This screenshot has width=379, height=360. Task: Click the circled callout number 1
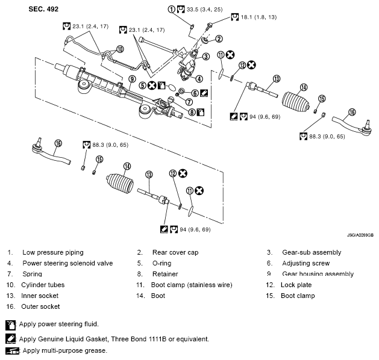pos(172,10)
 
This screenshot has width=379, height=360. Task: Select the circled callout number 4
pos(198,78)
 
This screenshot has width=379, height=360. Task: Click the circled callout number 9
pos(131,79)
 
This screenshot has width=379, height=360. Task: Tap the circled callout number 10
pos(121,49)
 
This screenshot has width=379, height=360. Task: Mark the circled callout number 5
pos(143,85)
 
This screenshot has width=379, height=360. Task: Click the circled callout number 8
pos(192,111)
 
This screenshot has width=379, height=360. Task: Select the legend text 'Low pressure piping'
pos(52,252)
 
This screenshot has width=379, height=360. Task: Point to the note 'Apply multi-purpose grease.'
pos(65,350)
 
